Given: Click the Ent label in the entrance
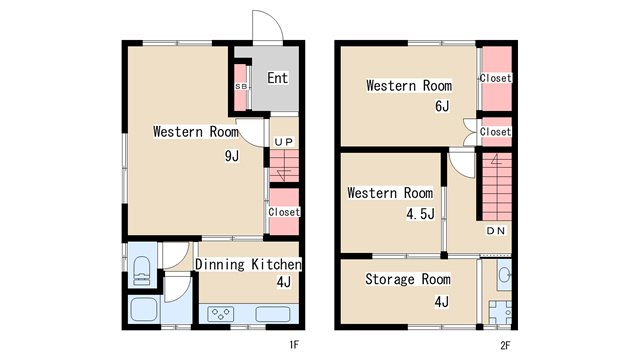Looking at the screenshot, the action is click(x=278, y=78).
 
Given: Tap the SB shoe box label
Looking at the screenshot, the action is click(x=241, y=87).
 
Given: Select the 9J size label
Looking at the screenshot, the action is click(x=232, y=156).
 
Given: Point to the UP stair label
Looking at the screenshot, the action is click(x=284, y=142).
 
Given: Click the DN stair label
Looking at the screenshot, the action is click(x=496, y=231).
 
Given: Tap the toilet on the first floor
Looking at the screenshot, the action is click(x=142, y=269).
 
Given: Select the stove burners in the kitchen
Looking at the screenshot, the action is click(x=221, y=314).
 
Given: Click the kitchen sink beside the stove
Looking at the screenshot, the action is click(x=273, y=314).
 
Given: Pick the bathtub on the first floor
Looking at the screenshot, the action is click(x=143, y=309).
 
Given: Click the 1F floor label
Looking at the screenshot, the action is click(x=294, y=345).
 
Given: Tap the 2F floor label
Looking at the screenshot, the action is click(x=505, y=345).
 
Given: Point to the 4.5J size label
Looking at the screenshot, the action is click(x=420, y=213).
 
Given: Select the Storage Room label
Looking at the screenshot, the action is click(x=408, y=279).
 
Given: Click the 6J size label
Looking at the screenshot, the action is click(x=442, y=106).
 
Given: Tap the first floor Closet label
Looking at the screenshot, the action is click(x=284, y=212).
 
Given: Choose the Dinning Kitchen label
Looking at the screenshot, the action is click(x=248, y=264).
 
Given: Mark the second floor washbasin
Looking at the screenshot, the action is click(x=504, y=275).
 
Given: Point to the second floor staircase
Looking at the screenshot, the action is click(x=497, y=187).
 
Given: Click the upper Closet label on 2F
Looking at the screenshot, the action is click(x=496, y=78).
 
